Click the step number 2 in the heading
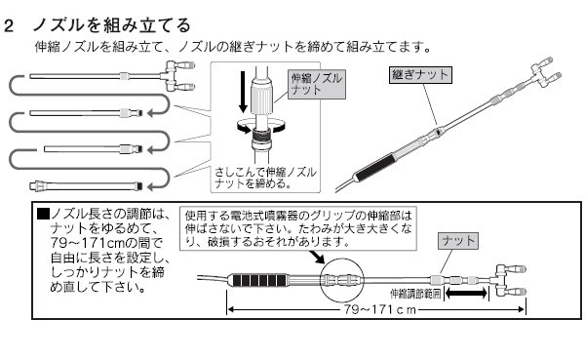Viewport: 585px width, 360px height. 8,26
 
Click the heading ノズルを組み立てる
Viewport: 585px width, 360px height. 112,25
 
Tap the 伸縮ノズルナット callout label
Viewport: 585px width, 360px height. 316,84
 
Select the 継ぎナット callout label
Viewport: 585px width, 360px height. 420,75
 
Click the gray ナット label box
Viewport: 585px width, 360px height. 458,241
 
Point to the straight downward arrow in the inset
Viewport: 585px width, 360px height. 243,92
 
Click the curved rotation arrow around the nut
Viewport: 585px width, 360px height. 261,126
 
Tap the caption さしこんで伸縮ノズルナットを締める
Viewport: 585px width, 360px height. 265,178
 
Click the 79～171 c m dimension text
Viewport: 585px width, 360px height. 379,309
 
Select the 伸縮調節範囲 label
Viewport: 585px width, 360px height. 415,294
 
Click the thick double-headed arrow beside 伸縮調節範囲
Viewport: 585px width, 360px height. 466,293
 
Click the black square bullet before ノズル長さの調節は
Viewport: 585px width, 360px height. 43,214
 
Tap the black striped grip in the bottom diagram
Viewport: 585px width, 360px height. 259,280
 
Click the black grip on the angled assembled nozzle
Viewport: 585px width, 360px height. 374,167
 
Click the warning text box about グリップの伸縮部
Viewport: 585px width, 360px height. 298,228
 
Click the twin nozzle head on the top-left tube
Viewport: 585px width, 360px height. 178,76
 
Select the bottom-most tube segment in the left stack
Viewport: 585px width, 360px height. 86,185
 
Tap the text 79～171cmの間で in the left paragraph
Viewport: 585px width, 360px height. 106,243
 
